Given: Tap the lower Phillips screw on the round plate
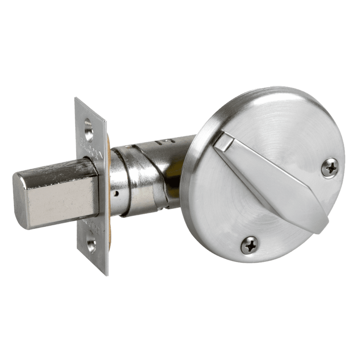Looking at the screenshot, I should tap(250, 245).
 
